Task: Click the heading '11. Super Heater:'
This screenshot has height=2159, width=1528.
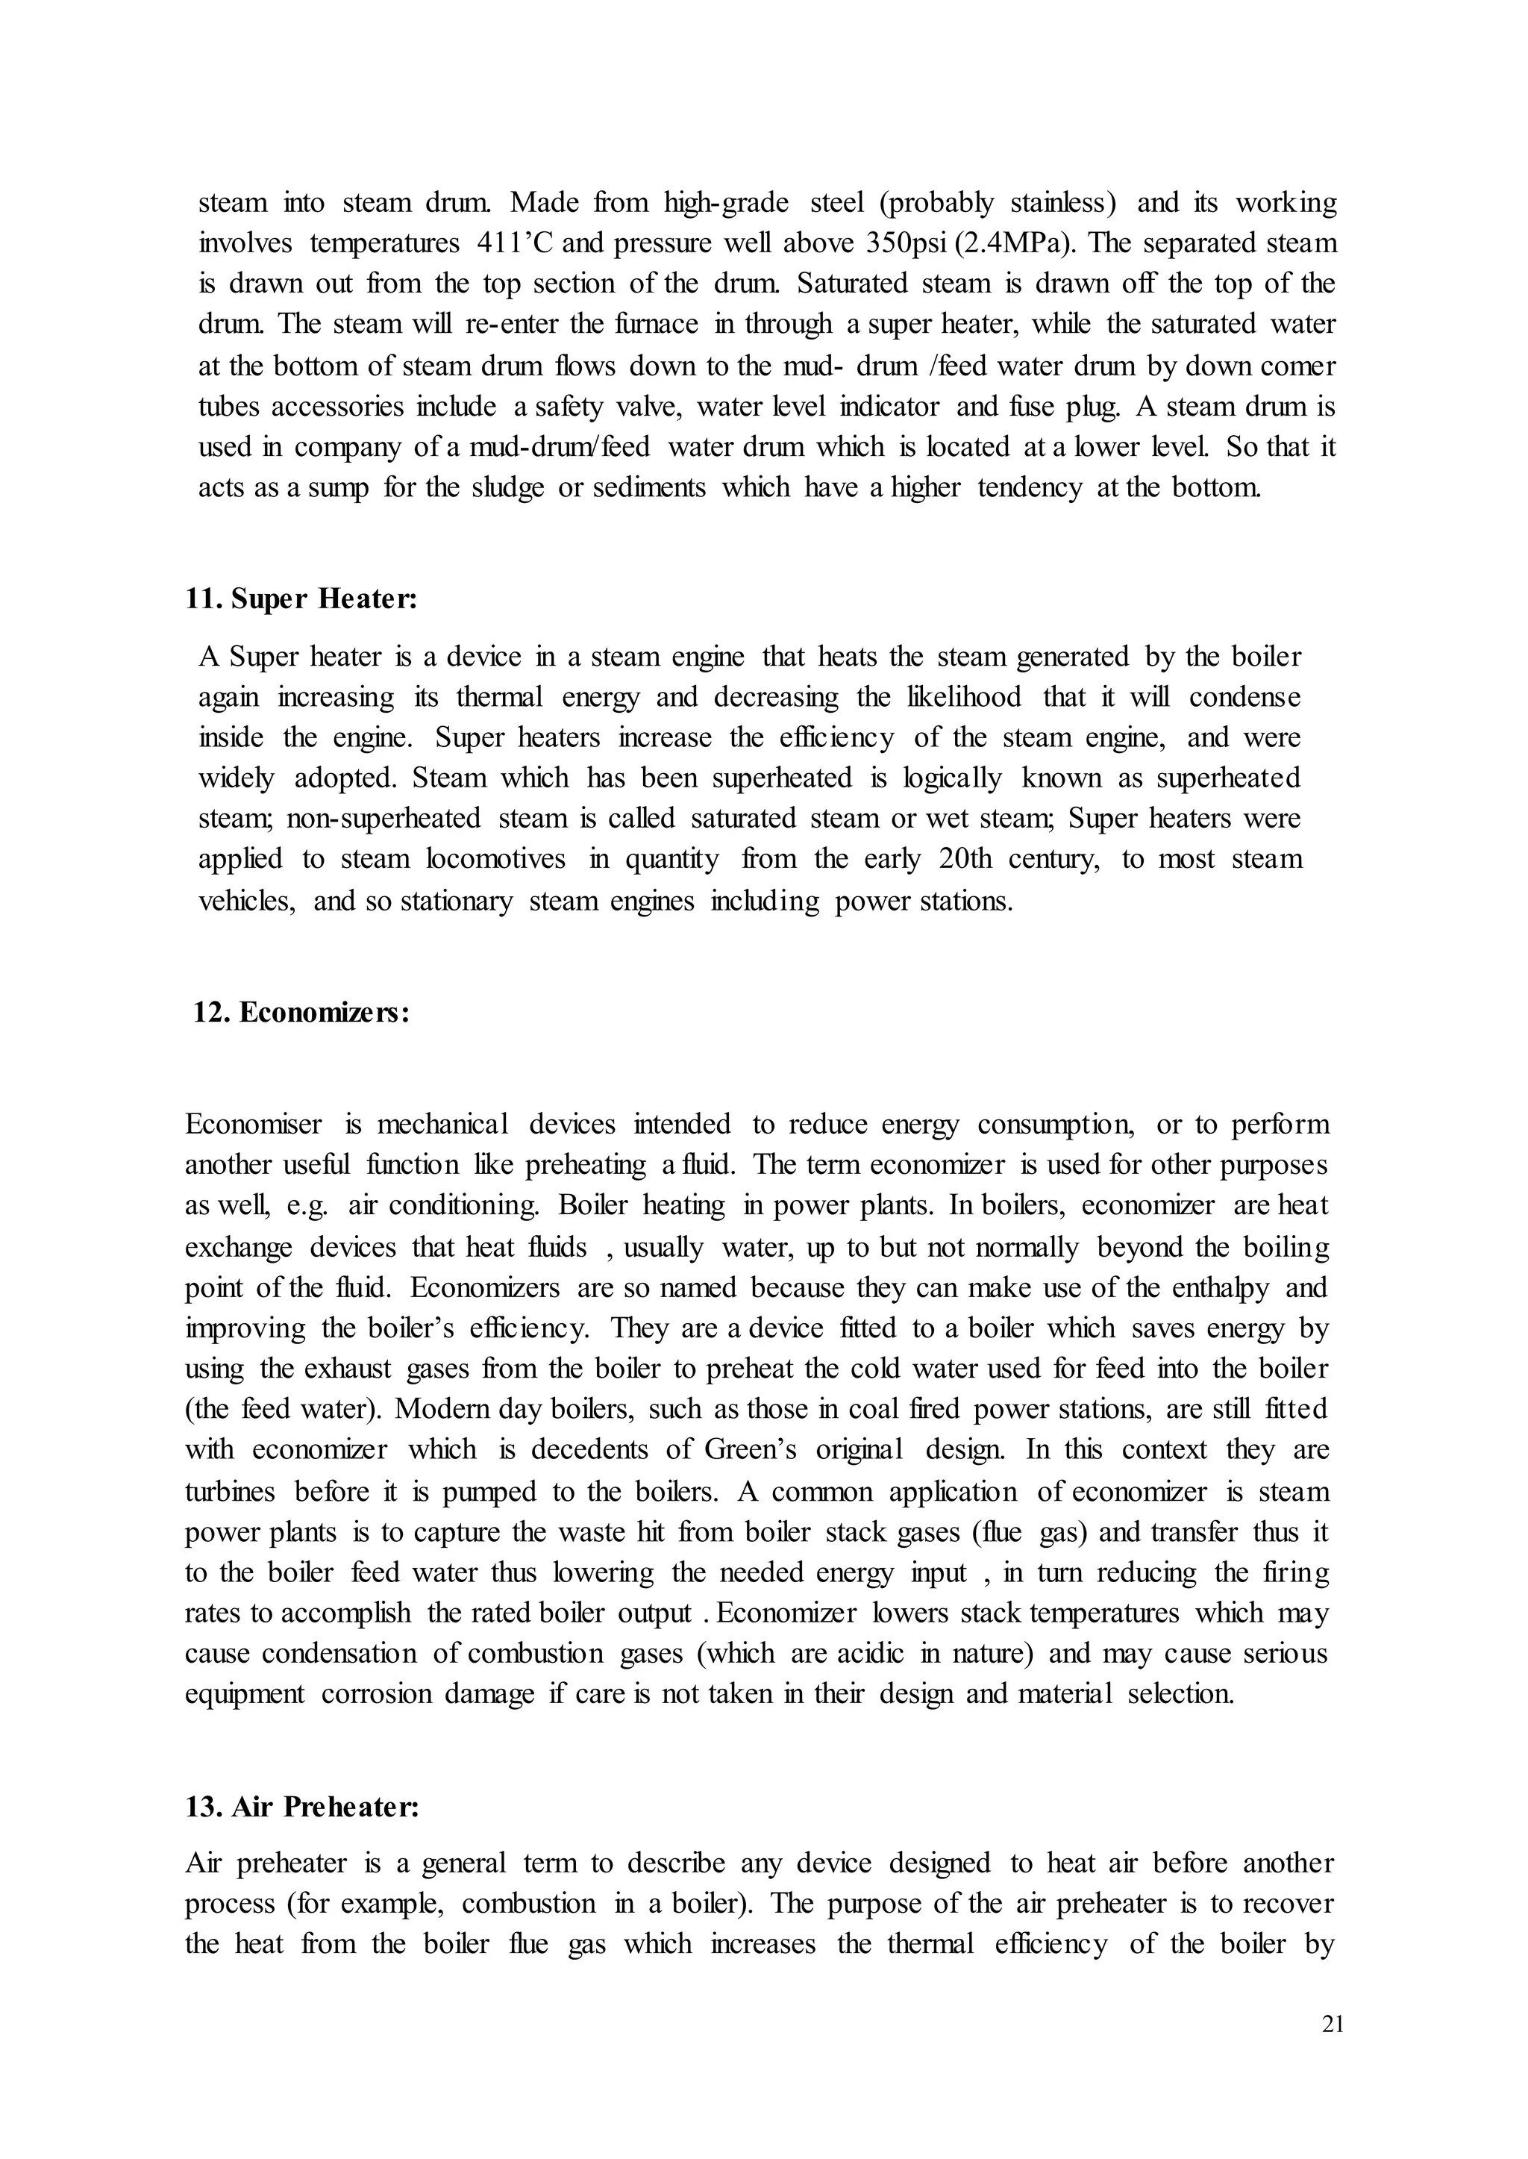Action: click(x=301, y=599)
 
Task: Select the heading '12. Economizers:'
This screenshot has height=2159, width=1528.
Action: click(x=301, y=1013)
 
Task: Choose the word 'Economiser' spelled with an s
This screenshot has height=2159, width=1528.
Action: click(x=254, y=1125)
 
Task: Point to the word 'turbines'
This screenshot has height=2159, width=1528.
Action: click(x=231, y=1492)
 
